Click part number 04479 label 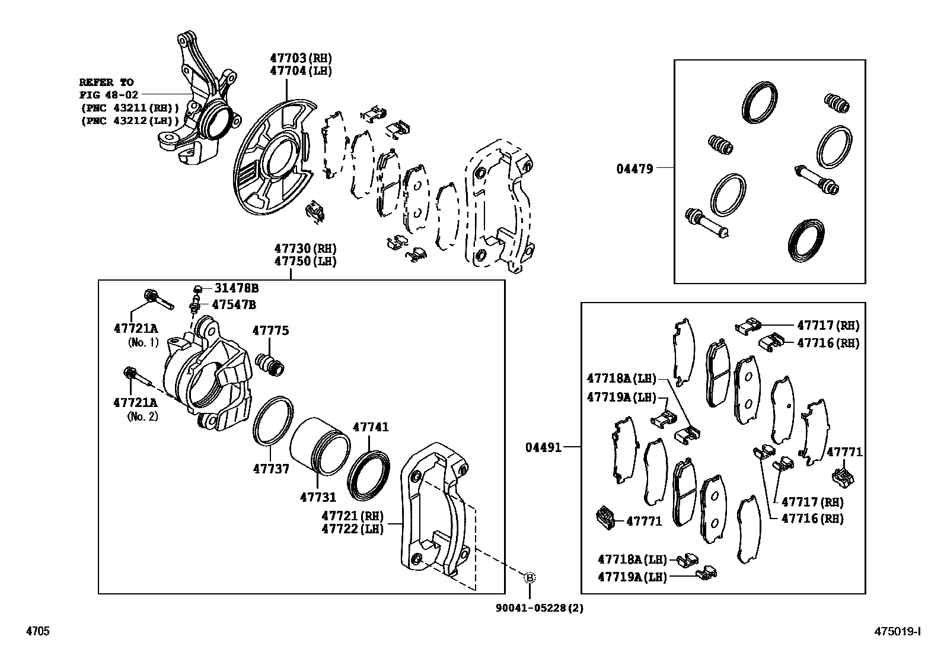(x=634, y=168)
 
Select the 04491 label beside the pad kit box (x=543, y=447)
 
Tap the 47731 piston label (x=318, y=497)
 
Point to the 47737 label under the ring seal (x=271, y=469)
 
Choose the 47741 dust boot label (x=371, y=427)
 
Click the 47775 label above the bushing (x=270, y=331)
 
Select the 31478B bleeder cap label (x=236, y=288)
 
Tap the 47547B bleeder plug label (x=234, y=305)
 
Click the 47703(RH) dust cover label (x=301, y=58)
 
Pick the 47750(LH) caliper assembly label (x=305, y=261)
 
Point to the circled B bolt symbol (x=530, y=577)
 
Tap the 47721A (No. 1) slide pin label (x=136, y=328)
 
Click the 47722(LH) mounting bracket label (x=352, y=529)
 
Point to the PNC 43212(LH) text (x=130, y=121)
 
